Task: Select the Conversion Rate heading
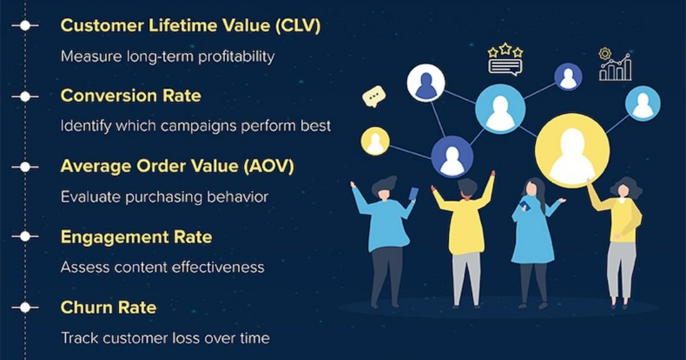(x=131, y=95)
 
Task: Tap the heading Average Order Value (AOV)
(x=177, y=166)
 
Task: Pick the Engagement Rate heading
(x=136, y=237)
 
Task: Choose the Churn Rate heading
(x=109, y=307)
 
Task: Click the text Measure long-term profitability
(x=167, y=56)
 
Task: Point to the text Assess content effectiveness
(x=163, y=267)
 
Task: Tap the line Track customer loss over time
(x=165, y=338)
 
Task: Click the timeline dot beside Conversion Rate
(x=25, y=97)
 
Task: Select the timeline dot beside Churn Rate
(x=25, y=308)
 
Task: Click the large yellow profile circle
(x=572, y=150)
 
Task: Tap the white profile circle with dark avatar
(x=426, y=83)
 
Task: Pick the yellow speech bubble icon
(x=374, y=96)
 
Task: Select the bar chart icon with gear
(x=615, y=65)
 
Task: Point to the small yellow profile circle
(x=375, y=141)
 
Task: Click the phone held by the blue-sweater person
(x=413, y=194)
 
